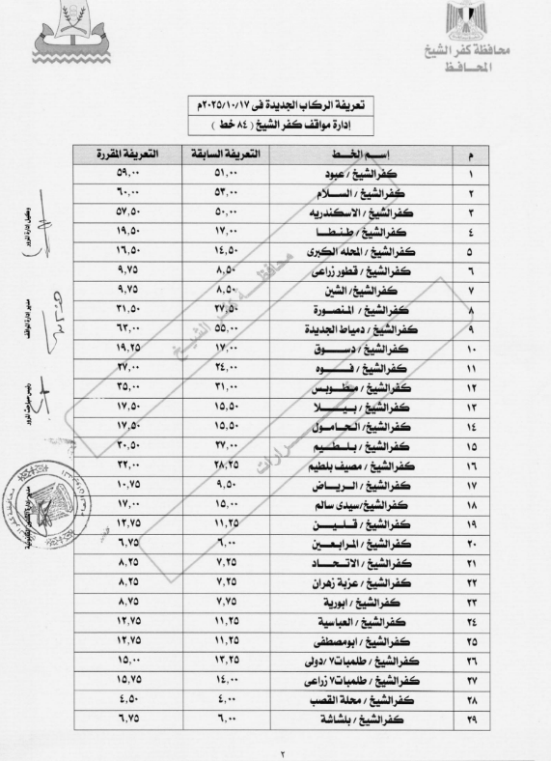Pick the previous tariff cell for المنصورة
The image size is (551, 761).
tap(224, 310)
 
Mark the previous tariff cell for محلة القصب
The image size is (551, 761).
tap(224, 700)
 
